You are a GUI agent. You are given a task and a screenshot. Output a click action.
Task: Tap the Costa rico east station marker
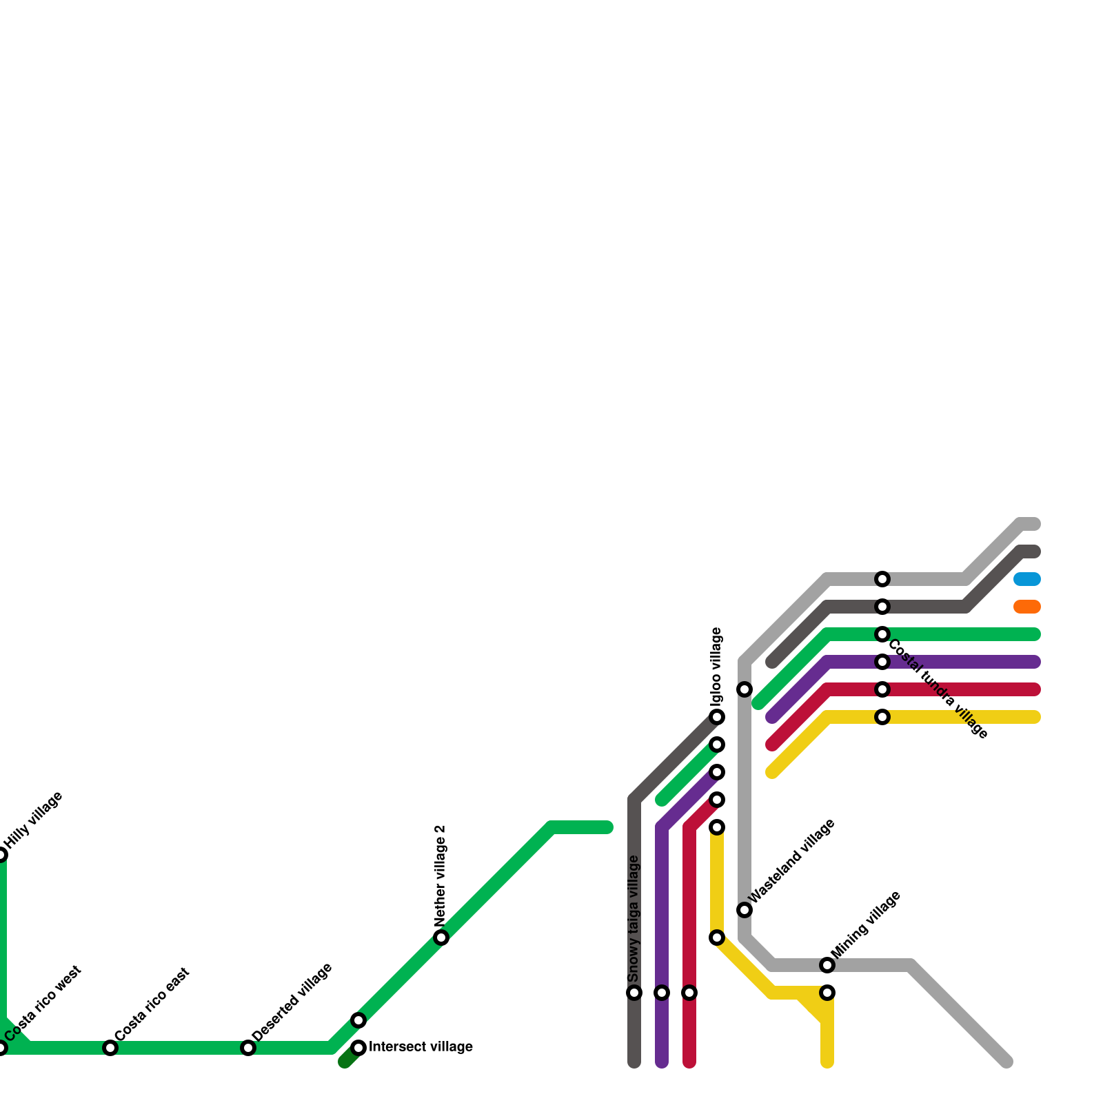click(x=110, y=1049)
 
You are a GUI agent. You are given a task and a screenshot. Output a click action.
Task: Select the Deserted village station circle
click(x=248, y=1049)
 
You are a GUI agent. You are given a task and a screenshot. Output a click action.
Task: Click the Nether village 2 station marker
click(x=441, y=938)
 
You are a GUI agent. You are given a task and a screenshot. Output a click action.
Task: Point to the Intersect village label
click(x=421, y=1047)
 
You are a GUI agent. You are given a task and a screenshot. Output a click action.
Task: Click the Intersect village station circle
click(x=358, y=1049)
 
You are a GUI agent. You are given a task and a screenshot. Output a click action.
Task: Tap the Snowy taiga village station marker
click(x=634, y=993)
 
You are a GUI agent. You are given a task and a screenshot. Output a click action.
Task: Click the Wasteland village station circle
click(x=745, y=910)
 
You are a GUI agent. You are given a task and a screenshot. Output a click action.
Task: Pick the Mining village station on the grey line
click(x=827, y=965)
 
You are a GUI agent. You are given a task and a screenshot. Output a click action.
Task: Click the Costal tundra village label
click(x=938, y=690)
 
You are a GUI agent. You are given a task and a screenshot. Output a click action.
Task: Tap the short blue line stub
click(x=1026, y=579)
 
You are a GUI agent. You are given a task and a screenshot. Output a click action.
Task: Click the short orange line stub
click(x=1026, y=607)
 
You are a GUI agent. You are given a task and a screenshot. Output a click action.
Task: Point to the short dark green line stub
click(x=348, y=1060)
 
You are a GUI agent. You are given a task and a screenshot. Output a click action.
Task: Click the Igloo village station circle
click(x=717, y=717)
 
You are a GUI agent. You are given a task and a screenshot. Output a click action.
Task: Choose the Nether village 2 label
click(x=441, y=876)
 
